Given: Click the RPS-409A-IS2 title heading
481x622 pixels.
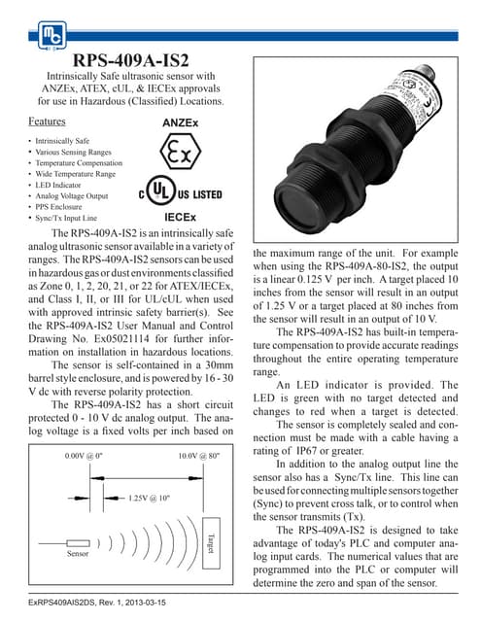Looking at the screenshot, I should coord(131,60).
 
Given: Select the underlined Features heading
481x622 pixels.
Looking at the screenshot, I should coord(48,122).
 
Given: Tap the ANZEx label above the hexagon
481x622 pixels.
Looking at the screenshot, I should coord(180,124).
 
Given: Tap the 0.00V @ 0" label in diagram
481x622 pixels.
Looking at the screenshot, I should coord(85,456).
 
